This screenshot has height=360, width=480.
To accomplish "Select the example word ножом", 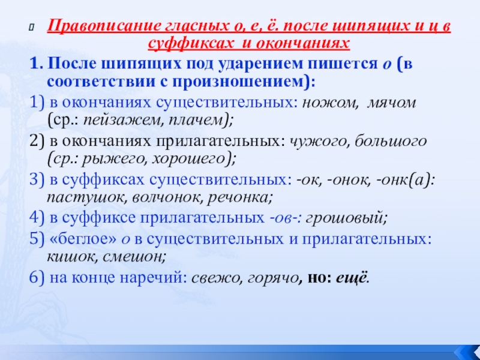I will pos(325,102).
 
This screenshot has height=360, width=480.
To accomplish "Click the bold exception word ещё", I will pos(352,278).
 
